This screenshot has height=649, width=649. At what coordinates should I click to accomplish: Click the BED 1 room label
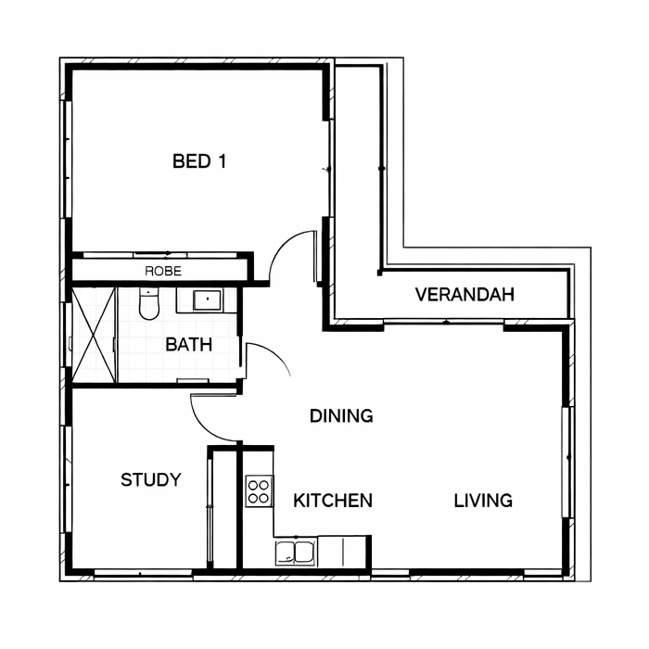coord(199,161)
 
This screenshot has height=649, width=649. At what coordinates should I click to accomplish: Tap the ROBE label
coord(163,271)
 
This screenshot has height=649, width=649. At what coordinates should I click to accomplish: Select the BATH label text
coord(189,344)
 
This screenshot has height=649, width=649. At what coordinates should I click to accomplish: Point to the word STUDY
coord(151,479)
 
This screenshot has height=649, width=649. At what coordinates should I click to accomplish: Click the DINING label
coord(341,415)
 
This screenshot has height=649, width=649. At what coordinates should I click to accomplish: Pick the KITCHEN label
coord(333,501)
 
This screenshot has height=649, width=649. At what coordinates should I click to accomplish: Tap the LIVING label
coord(483,501)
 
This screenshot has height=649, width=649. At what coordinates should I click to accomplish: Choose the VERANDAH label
coord(464,294)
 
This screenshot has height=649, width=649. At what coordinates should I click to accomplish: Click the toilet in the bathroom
coord(148,304)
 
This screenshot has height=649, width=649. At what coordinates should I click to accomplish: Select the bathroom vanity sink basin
coord(208,300)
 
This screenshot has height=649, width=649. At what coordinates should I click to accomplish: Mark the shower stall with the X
coord(94,336)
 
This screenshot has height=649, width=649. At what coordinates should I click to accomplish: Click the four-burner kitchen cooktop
coord(259,491)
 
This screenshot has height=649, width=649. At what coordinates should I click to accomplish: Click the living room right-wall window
coord(567,462)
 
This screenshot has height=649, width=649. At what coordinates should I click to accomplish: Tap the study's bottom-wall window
coord(143,573)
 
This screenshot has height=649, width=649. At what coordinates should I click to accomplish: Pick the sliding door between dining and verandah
coord(444,322)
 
